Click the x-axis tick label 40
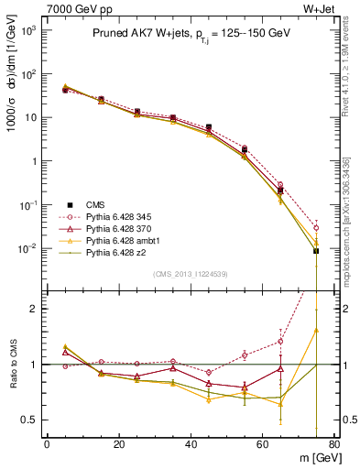[190, 444]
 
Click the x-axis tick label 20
[118, 444]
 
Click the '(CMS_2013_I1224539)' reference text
[190, 272]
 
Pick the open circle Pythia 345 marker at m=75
[316, 228]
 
